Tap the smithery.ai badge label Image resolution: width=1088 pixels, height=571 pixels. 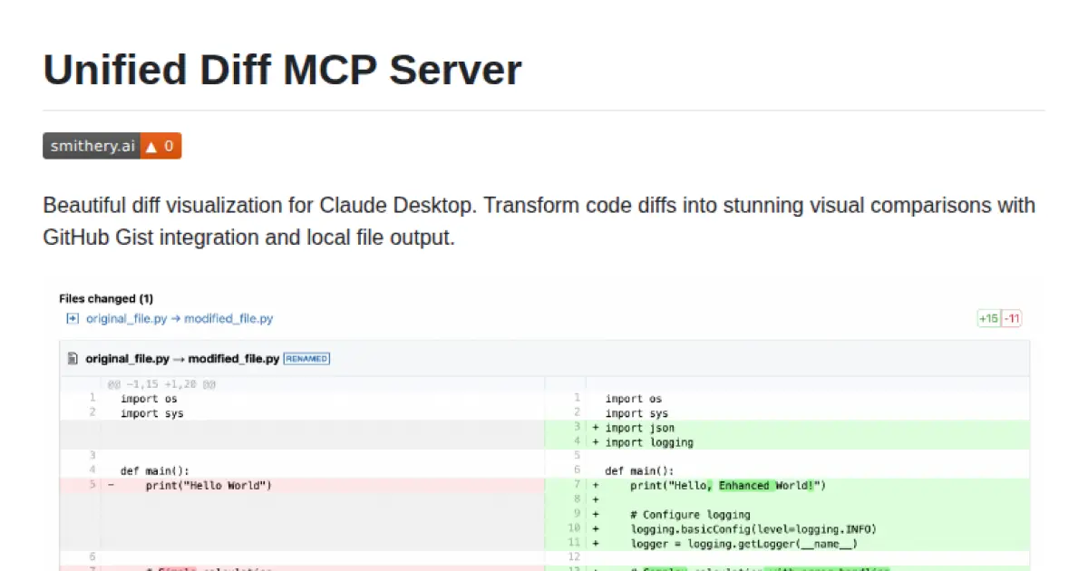pos(92,146)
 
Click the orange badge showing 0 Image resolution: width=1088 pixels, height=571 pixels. pos(160,146)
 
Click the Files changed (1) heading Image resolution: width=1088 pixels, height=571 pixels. pos(106,298)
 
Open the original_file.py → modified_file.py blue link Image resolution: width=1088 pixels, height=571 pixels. pos(180,318)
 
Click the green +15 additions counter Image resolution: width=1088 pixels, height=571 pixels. pos(988,318)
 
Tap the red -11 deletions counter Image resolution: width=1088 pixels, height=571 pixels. pos(1012,318)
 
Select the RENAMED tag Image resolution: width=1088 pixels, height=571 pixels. pos(306,359)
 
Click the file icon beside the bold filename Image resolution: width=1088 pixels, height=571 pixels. pos(73,359)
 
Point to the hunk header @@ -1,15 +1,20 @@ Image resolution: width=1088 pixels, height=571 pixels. pos(161,384)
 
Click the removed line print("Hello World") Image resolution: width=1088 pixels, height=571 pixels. pos(209,485)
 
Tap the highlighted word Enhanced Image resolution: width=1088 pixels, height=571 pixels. pos(743,485)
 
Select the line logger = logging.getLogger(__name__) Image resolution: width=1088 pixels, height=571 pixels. pos(744,544)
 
